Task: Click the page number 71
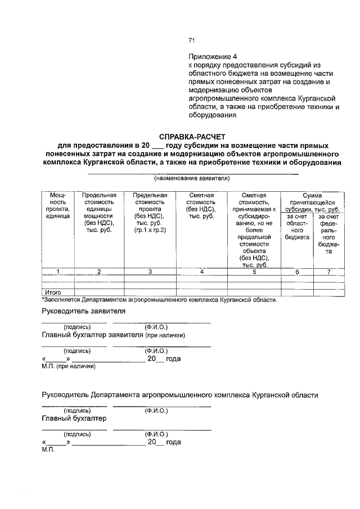[x=191, y=40]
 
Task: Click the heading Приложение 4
[x=213, y=57]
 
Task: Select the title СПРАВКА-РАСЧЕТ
[x=192, y=136]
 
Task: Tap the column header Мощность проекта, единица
[x=58, y=205]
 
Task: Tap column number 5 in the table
[x=254, y=272]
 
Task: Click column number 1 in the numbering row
[x=58, y=272]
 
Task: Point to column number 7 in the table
[x=328, y=272]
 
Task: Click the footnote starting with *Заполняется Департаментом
[x=160, y=300]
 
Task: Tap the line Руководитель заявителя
[x=83, y=311]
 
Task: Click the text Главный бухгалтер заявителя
[x=93, y=336]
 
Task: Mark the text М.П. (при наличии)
[x=69, y=367]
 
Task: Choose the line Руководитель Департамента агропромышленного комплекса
[x=180, y=395]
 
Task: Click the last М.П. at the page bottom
[x=47, y=450]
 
